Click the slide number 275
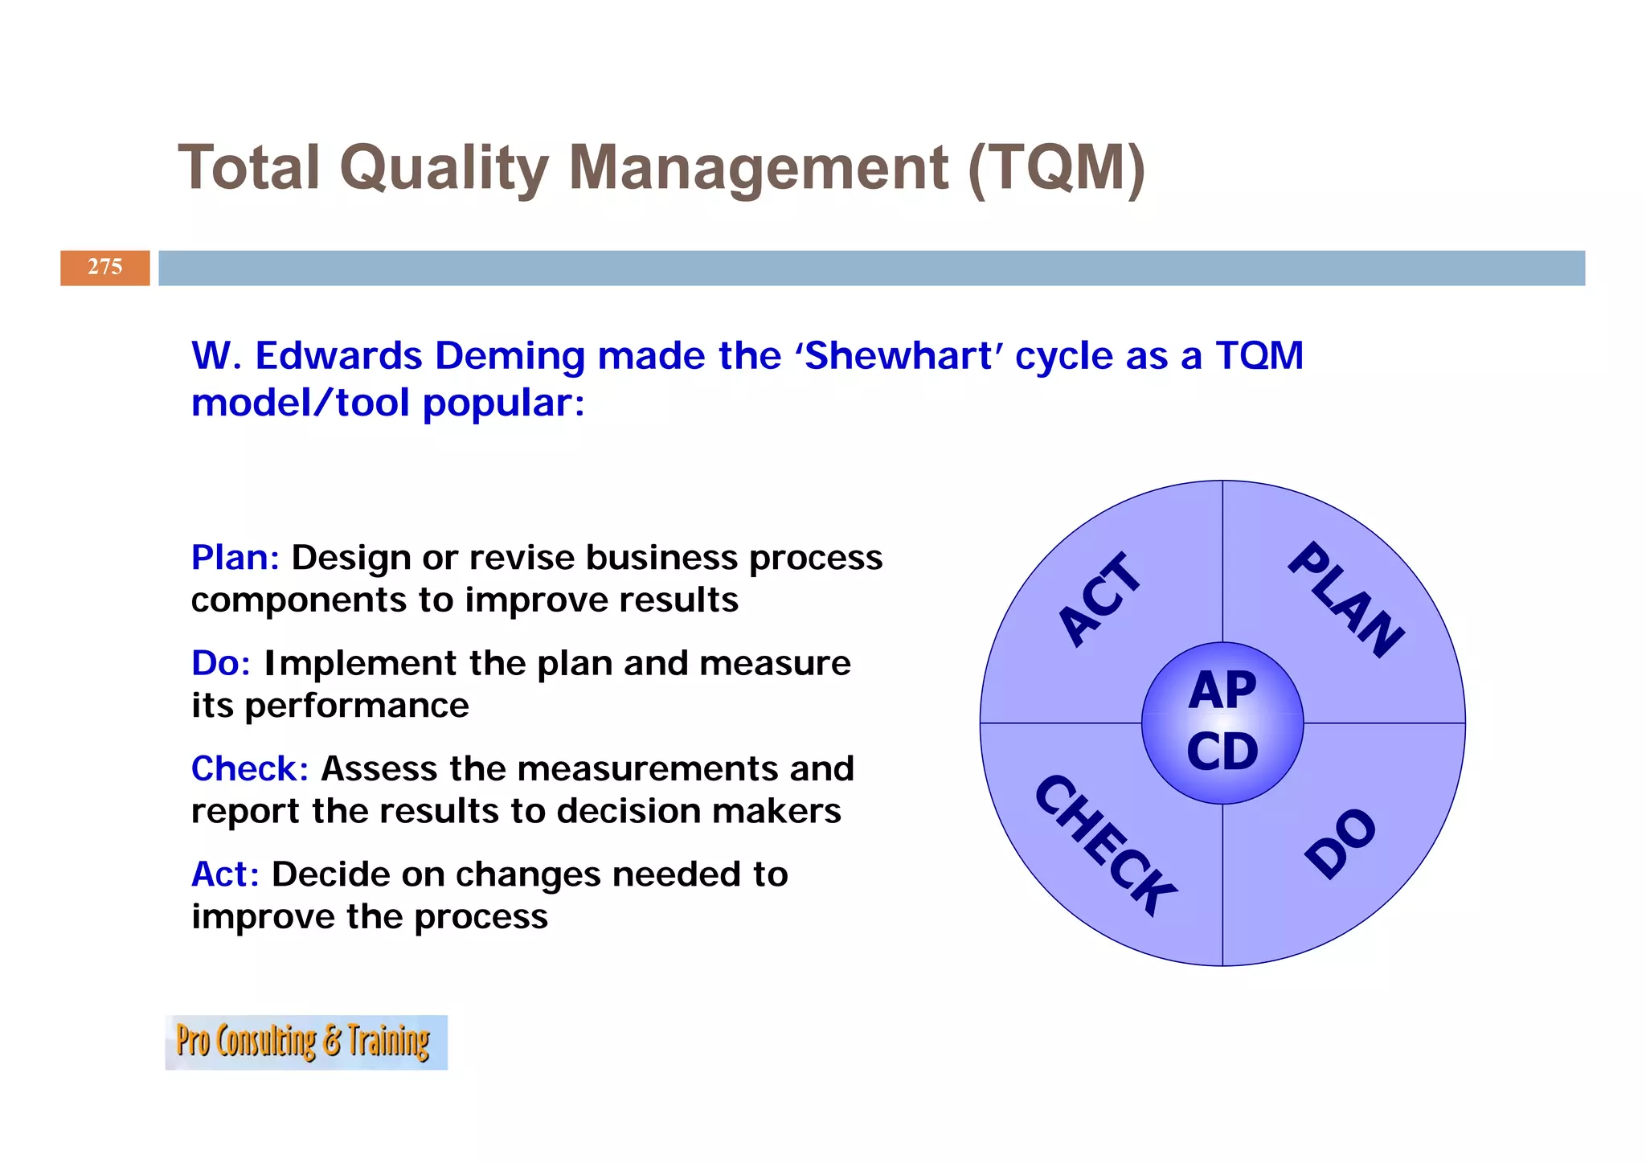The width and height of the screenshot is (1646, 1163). click(104, 267)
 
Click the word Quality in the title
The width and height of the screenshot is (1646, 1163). click(444, 169)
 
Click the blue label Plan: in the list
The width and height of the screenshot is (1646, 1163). click(235, 558)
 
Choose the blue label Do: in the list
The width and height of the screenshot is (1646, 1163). click(221, 664)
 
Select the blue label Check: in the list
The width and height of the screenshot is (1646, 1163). click(250, 769)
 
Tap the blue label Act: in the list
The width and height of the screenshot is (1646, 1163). click(225, 874)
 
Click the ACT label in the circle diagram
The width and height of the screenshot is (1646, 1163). click(1099, 600)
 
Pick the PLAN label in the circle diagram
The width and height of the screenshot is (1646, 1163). click(1346, 600)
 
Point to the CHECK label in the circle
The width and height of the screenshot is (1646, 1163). click(1105, 845)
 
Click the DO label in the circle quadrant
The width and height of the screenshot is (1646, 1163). click(1340, 843)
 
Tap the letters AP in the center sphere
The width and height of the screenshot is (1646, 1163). click(1222, 690)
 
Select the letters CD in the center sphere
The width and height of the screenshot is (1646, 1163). click(1222, 752)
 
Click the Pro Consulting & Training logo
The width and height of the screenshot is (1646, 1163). click(305, 1042)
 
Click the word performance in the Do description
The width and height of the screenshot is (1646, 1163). click(357, 706)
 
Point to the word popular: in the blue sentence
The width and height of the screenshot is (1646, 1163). click(504, 403)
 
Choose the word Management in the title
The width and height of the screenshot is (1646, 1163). click(759, 169)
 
